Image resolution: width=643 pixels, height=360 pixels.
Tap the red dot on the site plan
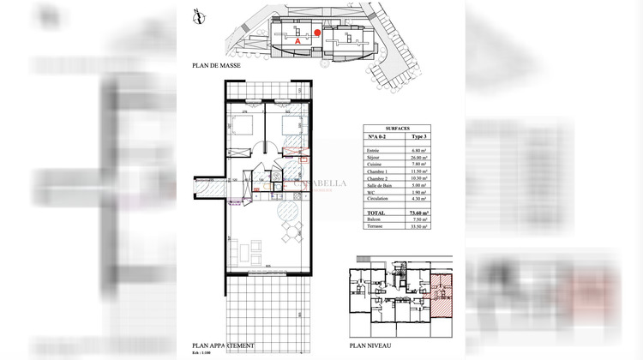coord(317,33)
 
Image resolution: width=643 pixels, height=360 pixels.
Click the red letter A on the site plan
coord(297,40)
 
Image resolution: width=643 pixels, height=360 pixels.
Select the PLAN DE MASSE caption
coord(217,66)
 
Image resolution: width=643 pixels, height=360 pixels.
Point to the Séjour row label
coord(375,158)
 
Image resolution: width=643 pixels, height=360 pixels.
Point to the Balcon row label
coord(375,220)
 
